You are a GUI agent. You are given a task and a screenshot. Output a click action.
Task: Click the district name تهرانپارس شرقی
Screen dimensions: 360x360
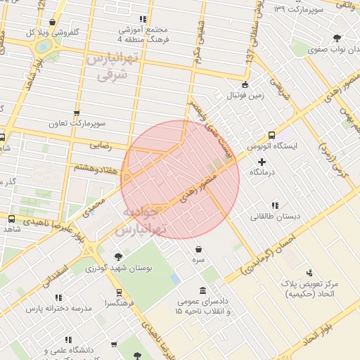pos(110,68)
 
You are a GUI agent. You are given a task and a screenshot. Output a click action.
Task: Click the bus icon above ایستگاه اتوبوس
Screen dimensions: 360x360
pos(271,135)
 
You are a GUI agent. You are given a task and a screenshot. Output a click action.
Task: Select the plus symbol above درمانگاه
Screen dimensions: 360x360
pos(262,161)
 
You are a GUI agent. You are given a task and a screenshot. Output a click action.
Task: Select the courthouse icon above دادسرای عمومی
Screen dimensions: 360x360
pos(202,290)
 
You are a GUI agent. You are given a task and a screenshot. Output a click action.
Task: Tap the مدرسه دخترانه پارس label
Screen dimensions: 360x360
pos(59,308)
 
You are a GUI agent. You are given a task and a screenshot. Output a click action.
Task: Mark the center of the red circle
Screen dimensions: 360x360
pos(180,179)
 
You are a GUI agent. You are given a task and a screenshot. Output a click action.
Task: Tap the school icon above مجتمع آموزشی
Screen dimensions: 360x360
pos(143,19)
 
